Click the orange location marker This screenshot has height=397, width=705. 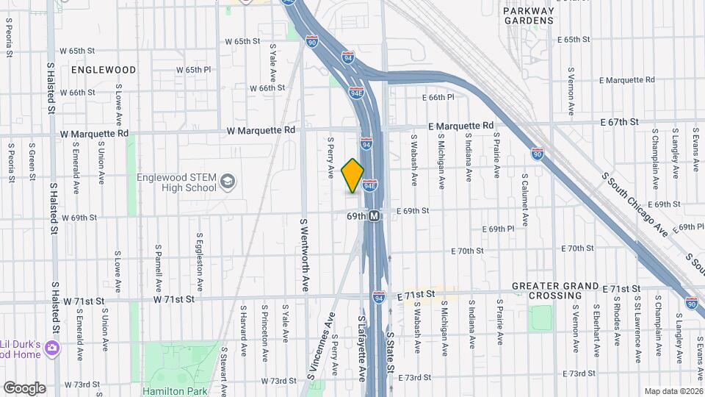pyautogui.click(x=352, y=176)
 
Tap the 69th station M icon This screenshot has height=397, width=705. pyautogui.click(x=375, y=216)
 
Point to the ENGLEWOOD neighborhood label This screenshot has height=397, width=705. pyautogui.click(x=104, y=70)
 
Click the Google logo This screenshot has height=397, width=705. pyautogui.click(x=24, y=387)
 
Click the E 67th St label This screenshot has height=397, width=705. pyautogui.click(x=618, y=121)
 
